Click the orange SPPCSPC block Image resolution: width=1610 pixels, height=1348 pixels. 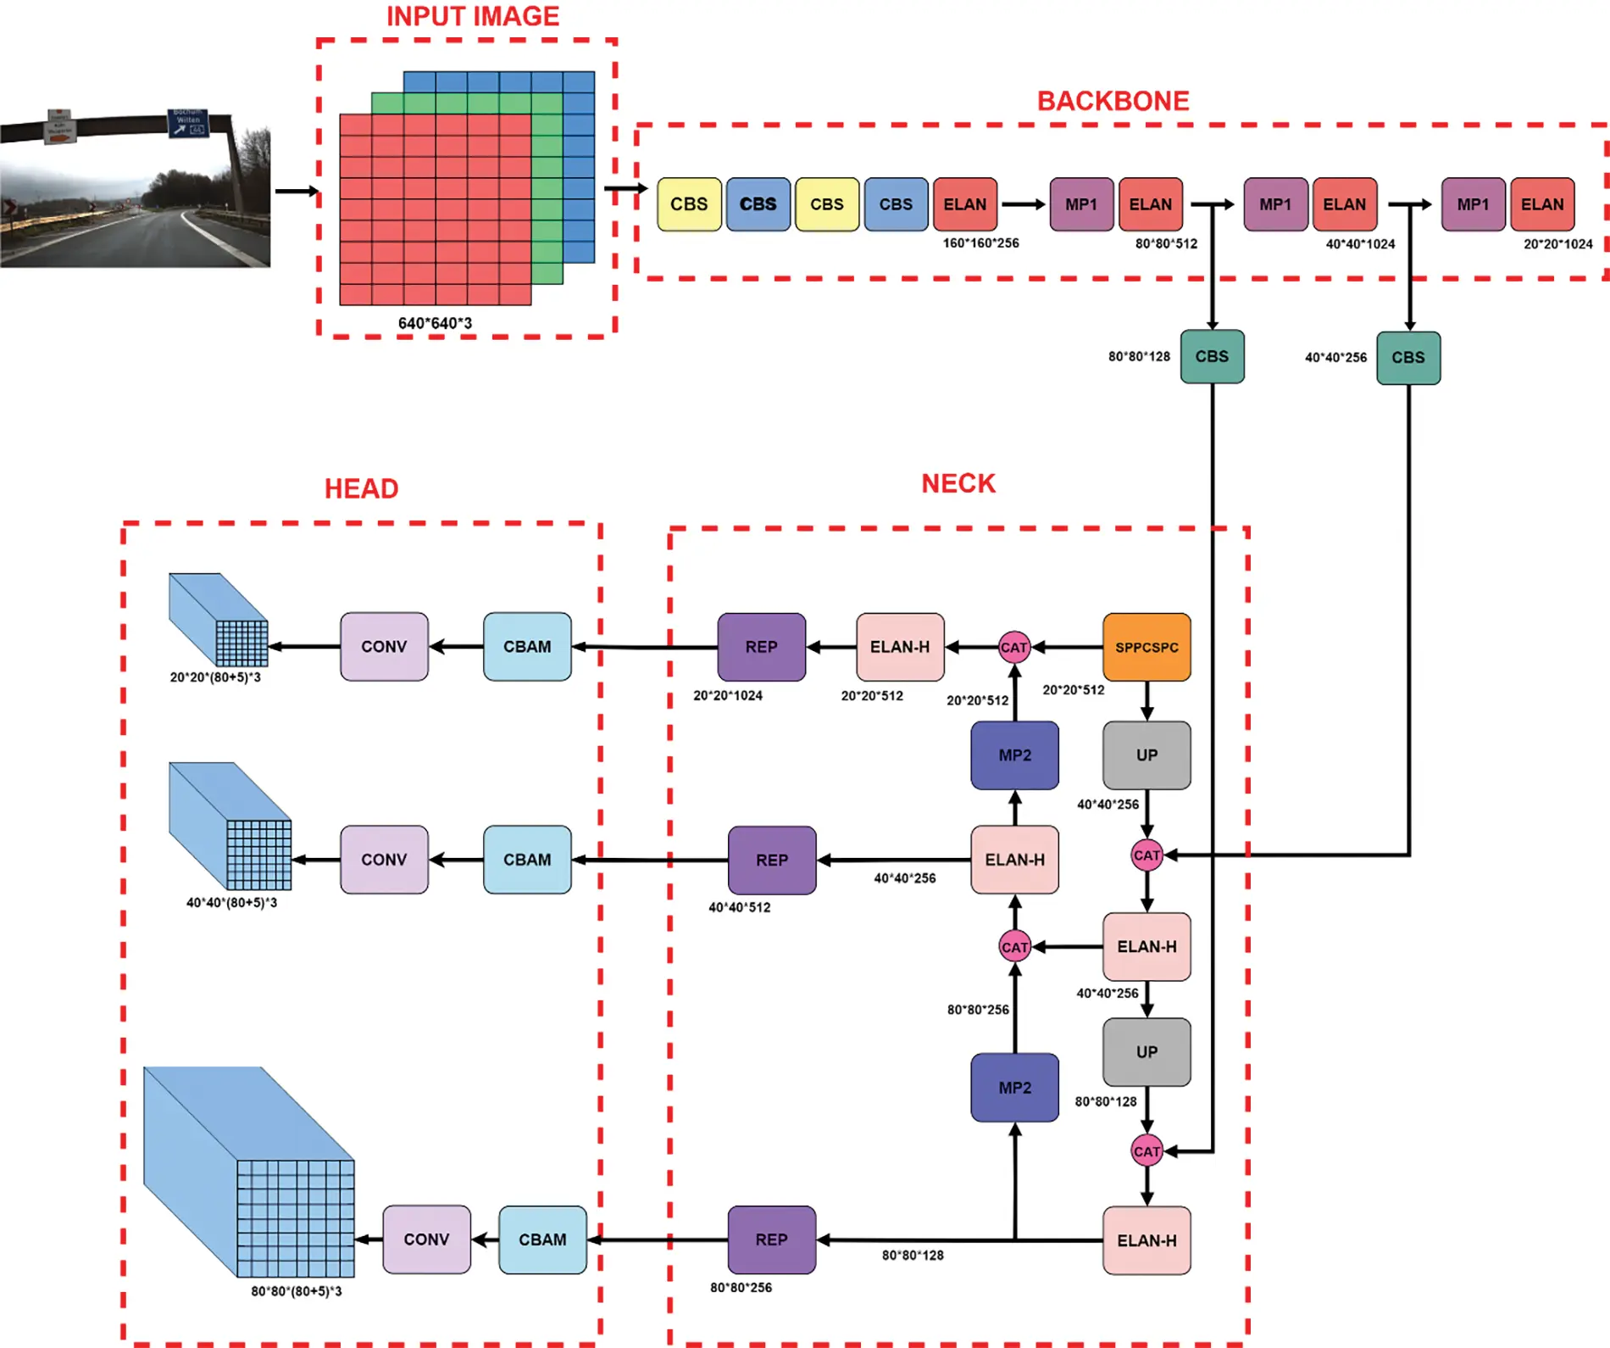[x=1146, y=647]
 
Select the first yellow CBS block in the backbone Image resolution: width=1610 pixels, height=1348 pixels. [x=689, y=204]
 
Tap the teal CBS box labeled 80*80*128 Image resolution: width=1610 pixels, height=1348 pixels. [x=1212, y=357]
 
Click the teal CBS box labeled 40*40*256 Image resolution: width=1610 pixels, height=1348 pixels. [x=1407, y=358]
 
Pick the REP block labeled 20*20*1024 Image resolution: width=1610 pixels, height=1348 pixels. [x=761, y=647]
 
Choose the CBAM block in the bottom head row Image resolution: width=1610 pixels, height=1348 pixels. [x=542, y=1239]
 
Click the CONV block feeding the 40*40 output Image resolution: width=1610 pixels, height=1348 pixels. [x=384, y=860]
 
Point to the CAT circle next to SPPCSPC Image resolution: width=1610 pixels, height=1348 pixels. [x=1014, y=648]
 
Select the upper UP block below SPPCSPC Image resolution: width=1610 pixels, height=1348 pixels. [x=1146, y=755]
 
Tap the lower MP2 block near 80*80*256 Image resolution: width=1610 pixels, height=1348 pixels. [x=1014, y=1088]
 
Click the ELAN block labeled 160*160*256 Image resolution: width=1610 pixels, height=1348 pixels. [x=964, y=204]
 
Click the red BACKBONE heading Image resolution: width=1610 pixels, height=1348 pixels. [x=1113, y=101]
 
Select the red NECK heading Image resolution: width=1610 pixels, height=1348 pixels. [x=958, y=483]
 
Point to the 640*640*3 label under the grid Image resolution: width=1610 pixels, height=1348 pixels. [x=435, y=323]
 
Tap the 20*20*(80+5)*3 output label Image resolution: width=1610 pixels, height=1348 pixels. [x=215, y=677]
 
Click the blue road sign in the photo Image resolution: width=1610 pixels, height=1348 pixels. [x=188, y=123]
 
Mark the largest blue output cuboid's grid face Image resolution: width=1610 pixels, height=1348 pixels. [x=296, y=1218]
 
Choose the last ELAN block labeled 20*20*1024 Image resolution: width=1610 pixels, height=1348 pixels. [x=1541, y=204]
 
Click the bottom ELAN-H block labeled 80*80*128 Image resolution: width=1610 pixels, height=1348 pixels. [x=1146, y=1240]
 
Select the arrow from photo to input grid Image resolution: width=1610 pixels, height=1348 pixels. [x=296, y=192]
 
